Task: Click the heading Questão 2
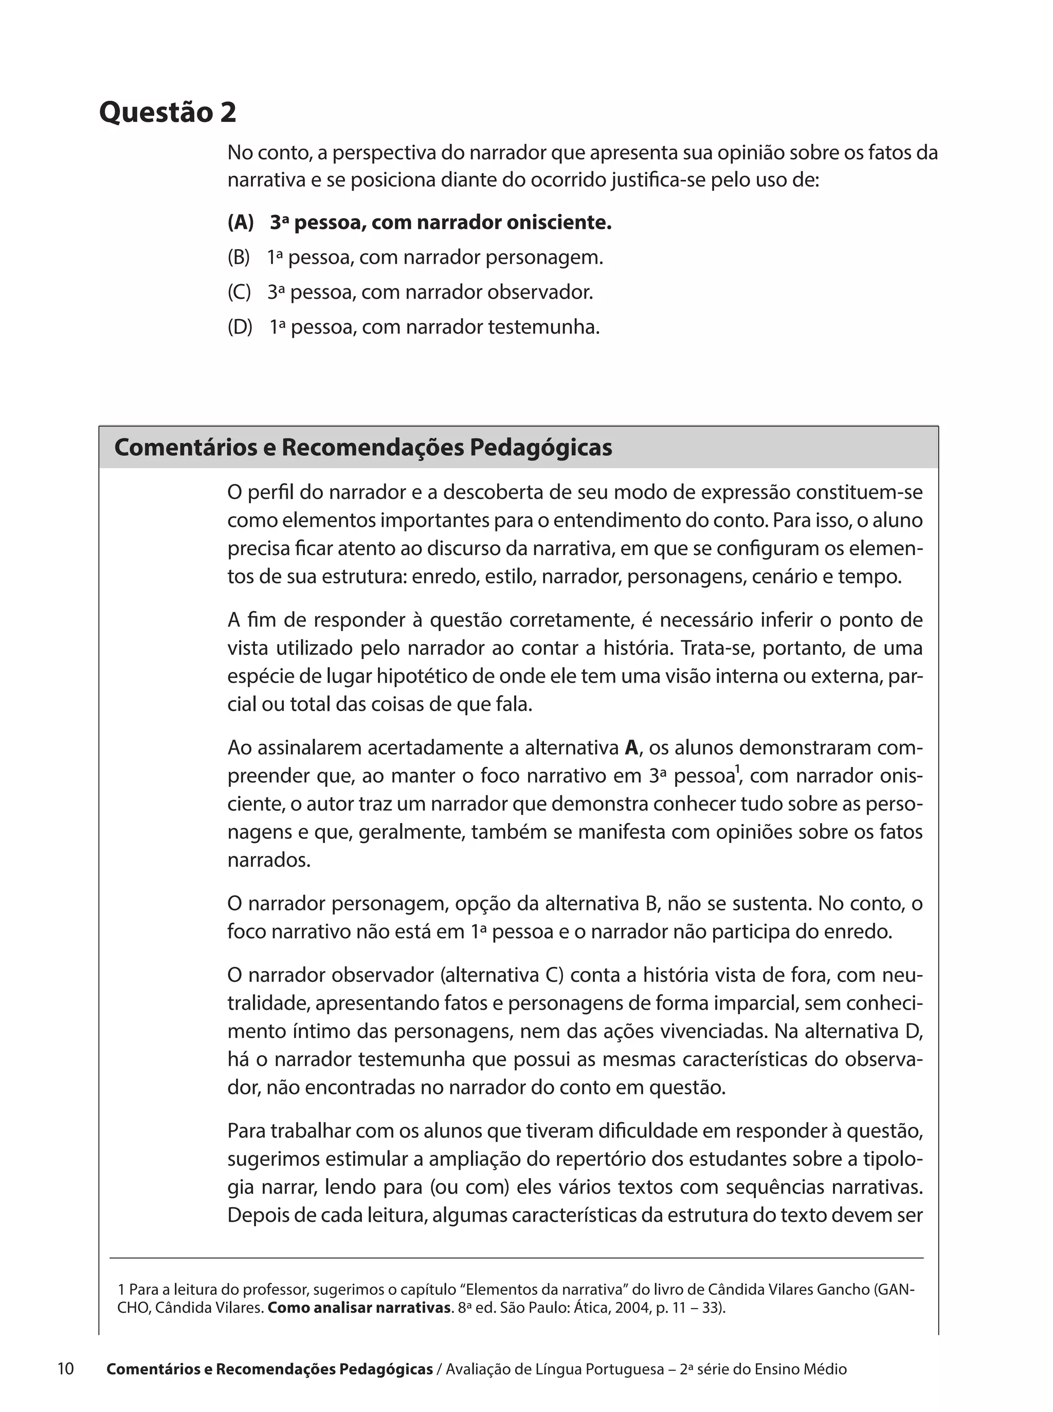pyautogui.click(x=168, y=113)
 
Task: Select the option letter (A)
pyautogui.click(x=240, y=223)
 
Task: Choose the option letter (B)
pyautogui.click(x=239, y=258)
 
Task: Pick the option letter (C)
pyautogui.click(x=240, y=292)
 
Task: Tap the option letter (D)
pyautogui.click(x=240, y=327)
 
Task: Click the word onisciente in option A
pyautogui.click(x=558, y=223)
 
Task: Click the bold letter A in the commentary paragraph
pyautogui.click(x=631, y=747)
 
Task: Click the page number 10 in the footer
pyautogui.click(x=66, y=1369)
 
